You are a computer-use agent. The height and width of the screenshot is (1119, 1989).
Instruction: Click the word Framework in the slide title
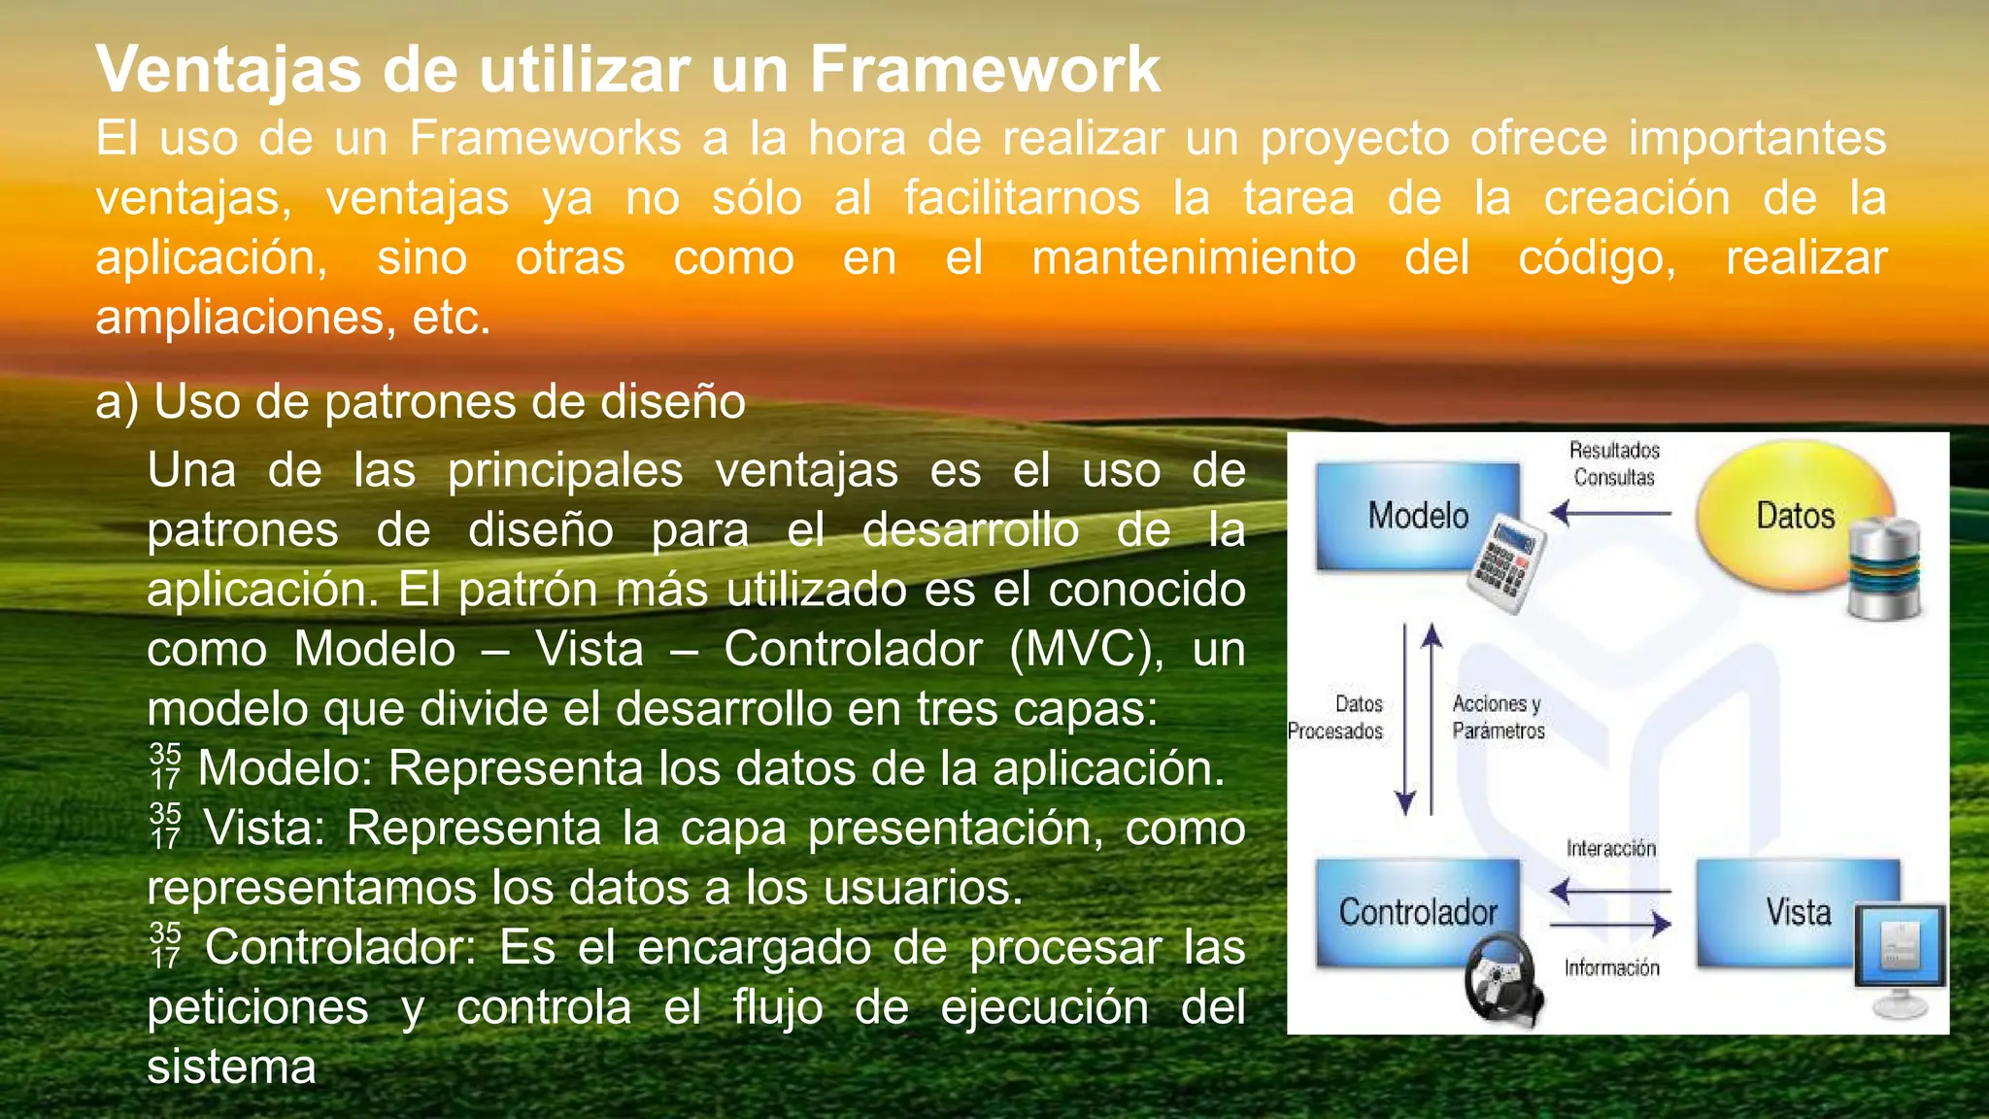tap(985, 69)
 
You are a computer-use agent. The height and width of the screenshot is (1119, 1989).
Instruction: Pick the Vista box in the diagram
tap(1797, 911)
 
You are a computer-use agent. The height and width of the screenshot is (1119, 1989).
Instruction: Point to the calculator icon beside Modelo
tap(1505, 563)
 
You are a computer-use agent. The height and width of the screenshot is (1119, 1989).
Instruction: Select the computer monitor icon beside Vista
tap(1900, 957)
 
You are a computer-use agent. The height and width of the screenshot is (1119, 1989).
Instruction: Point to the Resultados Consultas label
tap(1614, 463)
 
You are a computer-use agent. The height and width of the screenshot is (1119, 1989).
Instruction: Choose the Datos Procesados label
tap(1336, 717)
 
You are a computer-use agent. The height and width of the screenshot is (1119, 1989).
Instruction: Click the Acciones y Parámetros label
tap(1498, 717)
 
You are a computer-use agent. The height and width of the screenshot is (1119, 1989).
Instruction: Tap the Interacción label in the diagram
tap(1610, 848)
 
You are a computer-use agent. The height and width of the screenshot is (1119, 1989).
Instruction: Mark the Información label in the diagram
tap(1611, 967)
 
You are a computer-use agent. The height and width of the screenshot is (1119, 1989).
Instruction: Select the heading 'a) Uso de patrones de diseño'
tap(421, 401)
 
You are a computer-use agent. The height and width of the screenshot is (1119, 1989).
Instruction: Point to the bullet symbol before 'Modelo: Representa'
tap(165, 766)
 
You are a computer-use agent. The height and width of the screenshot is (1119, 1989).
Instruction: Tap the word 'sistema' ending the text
tap(231, 1067)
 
